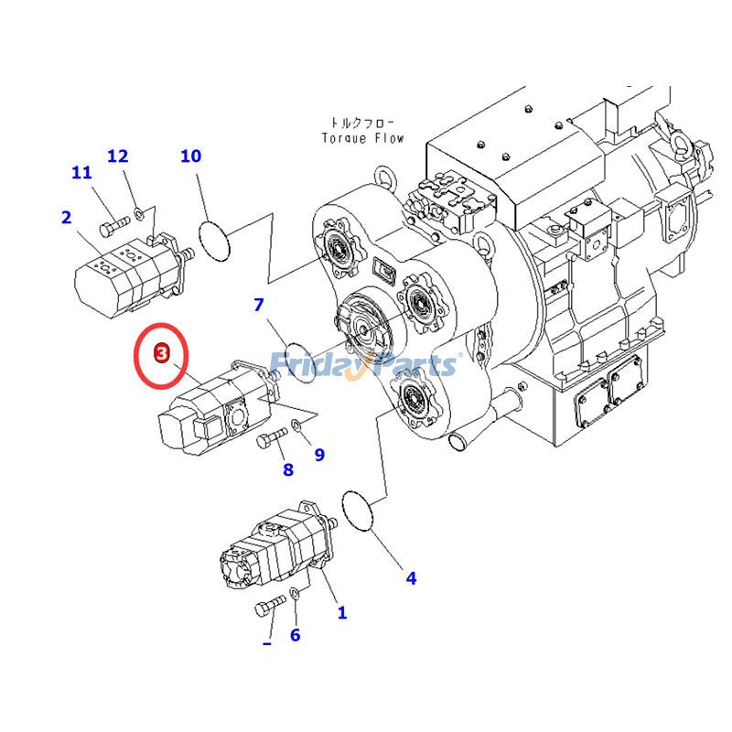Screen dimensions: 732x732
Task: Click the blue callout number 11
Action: [x=81, y=173]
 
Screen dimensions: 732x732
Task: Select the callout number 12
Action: [x=118, y=156]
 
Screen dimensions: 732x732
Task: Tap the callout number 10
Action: [x=190, y=156]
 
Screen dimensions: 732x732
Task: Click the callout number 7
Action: [x=259, y=305]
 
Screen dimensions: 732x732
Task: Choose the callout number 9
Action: [x=319, y=454]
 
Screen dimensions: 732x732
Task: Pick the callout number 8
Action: [x=288, y=469]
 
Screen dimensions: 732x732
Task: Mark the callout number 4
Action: [x=411, y=577]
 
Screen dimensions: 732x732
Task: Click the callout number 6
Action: [x=295, y=635]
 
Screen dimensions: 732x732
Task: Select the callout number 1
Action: [x=342, y=613]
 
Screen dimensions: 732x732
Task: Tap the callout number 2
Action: [x=66, y=218]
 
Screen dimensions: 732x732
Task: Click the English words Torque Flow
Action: [x=362, y=138]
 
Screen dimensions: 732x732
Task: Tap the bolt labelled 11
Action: [x=112, y=223]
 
